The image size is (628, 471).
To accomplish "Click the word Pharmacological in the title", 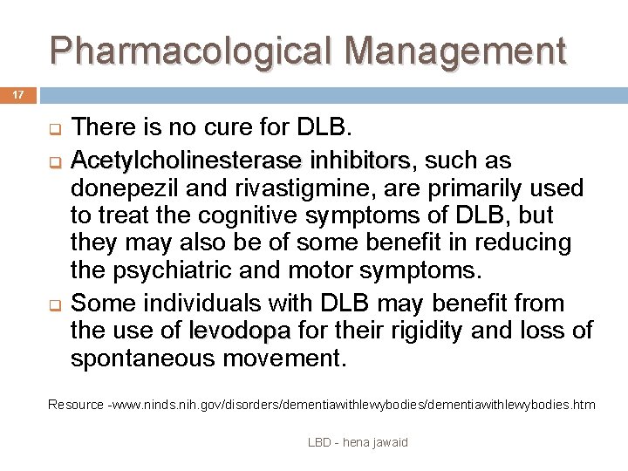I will pyautogui.click(x=187, y=51).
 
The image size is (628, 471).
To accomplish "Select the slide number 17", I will pyautogui.click(x=18, y=92).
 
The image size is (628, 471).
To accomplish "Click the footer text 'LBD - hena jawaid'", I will pyautogui.click(x=358, y=442).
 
